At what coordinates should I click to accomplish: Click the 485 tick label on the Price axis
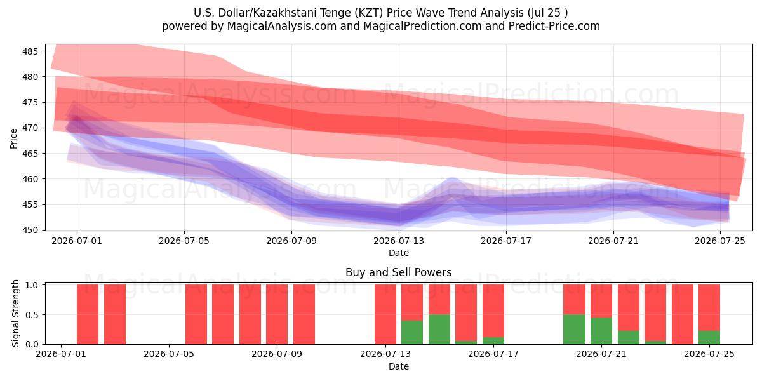pos(30,51)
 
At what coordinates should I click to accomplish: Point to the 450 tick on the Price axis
pos(30,231)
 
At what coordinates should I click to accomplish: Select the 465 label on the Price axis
pos(30,154)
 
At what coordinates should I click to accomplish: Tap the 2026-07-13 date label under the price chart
pos(399,241)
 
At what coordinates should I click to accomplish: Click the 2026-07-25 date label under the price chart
pos(720,241)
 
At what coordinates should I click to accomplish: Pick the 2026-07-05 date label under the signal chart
pos(169,354)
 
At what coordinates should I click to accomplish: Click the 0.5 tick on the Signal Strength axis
pos(32,315)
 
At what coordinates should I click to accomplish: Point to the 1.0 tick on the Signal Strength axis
pos(32,285)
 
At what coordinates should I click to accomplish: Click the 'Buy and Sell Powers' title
pos(398,272)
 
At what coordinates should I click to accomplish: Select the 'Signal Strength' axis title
pos(15,313)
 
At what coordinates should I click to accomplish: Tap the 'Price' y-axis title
pos(13,138)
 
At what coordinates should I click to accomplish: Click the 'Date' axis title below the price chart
pos(399,253)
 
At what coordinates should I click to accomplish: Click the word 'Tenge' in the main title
pos(335,13)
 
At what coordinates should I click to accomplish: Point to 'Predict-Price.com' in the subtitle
pos(554,26)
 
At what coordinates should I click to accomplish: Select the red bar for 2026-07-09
pos(304,314)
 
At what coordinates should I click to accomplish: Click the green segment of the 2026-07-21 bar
pos(601,331)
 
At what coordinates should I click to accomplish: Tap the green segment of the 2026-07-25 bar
pos(709,337)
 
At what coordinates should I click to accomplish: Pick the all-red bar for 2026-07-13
pos(385,314)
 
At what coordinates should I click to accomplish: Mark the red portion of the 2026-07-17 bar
pos(493,311)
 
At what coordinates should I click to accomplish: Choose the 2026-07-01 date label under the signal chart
pos(61,354)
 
